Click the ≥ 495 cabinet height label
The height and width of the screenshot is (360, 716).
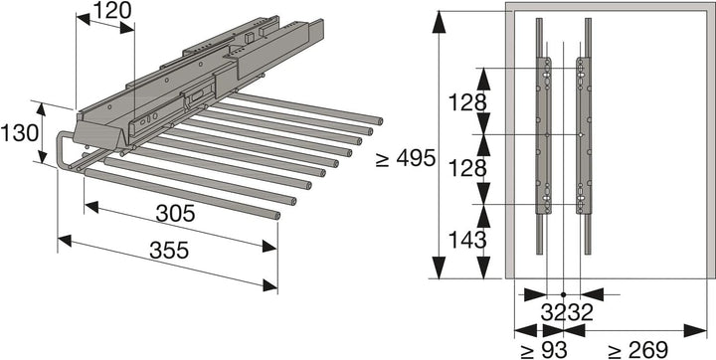[406, 159]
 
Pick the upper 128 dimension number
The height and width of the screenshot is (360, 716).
[466, 101]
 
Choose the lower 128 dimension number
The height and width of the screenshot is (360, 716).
[466, 168]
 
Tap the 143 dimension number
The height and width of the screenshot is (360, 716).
[466, 239]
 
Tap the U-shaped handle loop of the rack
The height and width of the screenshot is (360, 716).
[65, 151]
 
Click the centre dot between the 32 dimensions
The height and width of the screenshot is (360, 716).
[563, 294]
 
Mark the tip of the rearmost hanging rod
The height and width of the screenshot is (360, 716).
[376, 120]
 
